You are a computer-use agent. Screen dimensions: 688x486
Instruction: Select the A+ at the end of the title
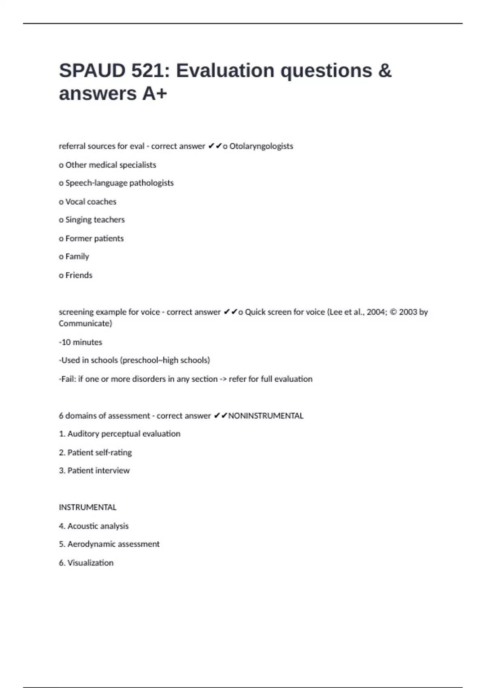tap(154, 94)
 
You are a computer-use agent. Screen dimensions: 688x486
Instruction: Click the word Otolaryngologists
tap(261, 146)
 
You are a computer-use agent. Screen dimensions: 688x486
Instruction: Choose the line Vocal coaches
tap(87, 202)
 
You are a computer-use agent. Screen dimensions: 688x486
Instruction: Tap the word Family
tap(77, 257)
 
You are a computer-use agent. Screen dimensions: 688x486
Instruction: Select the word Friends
tap(79, 275)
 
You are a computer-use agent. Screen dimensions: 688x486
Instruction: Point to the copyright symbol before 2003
tap(393, 312)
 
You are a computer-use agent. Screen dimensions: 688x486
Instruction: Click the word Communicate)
tap(85, 323)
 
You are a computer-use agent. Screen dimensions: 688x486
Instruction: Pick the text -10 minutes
tap(81, 342)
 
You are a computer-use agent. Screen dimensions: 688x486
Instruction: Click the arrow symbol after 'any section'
tap(223, 379)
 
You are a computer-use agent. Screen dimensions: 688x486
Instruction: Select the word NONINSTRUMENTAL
tap(266, 416)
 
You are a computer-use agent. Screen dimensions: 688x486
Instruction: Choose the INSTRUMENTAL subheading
tap(87, 508)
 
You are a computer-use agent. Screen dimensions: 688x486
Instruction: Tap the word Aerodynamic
tap(90, 544)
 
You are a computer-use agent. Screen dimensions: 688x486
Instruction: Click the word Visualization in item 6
tap(90, 563)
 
